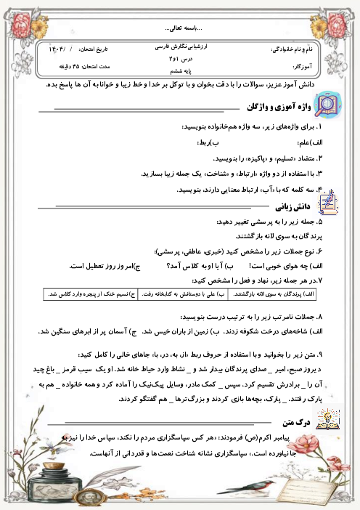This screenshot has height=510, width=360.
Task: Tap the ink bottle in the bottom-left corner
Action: click(29, 472)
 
